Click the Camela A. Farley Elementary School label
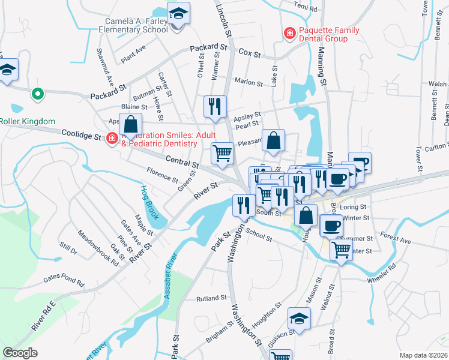pos(133,25)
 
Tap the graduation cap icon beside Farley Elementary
pos(178,14)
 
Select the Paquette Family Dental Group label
pos(330,34)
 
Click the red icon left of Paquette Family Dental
pos(289,34)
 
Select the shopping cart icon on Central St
pos(223,153)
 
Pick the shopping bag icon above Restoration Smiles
pos(130,125)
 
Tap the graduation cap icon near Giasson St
pos(298,319)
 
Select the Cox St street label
pos(250,54)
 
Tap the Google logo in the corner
pos(20,353)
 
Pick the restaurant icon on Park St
pos(243,206)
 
